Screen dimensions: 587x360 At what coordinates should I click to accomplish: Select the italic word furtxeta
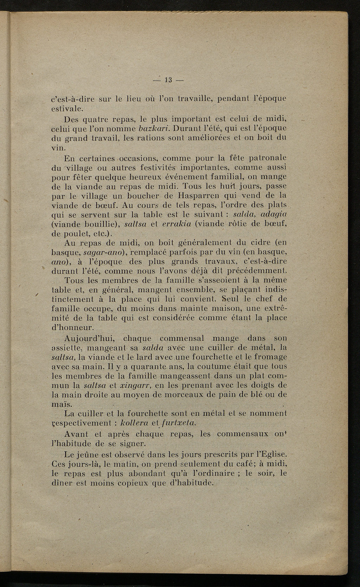click(177, 421)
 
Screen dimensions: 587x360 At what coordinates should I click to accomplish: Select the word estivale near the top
click(67, 107)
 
